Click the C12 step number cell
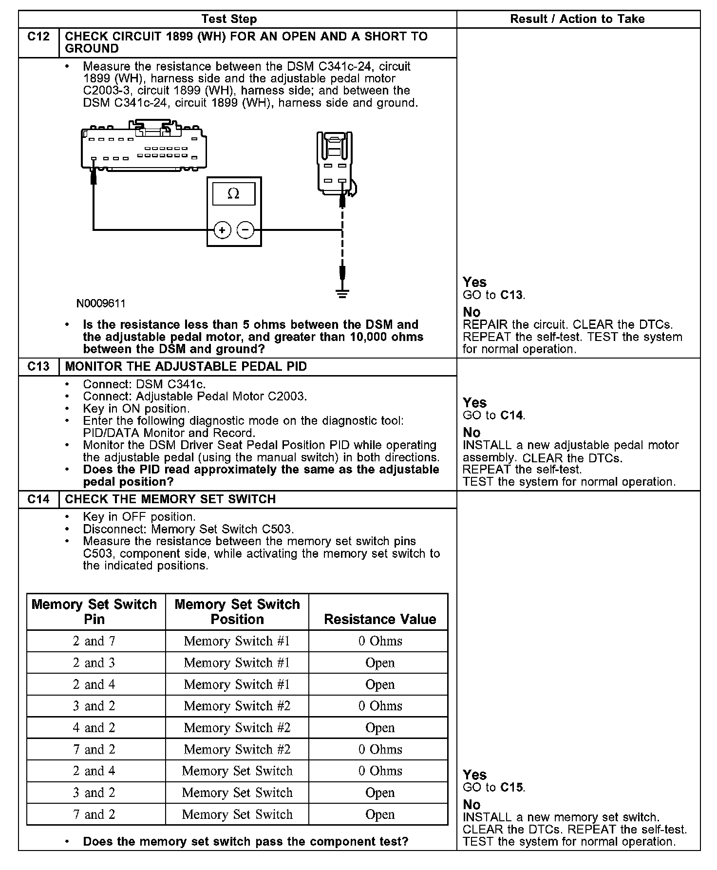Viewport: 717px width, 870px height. tap(38, 37)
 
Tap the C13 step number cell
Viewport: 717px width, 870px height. tap(38, 366)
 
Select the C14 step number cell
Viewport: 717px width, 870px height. tap(38, 499)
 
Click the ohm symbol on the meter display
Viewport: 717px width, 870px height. tap(233, 194)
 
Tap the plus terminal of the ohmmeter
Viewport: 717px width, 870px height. tap(222, 230)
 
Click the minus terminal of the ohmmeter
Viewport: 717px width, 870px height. tap(245, 230)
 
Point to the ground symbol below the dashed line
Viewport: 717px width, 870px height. tap(342, 293)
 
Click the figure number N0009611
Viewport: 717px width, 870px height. tap(101, 304)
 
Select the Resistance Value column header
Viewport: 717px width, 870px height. tap(380, 619)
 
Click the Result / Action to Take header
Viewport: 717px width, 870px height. tap(577, 19)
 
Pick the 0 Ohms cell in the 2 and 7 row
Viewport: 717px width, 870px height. tap(380, 641)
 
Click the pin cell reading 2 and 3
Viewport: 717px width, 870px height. tap(94, 663)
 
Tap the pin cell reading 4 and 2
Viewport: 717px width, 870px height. tap(94, 728)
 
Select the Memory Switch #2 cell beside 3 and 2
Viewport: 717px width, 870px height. tap(237, 706)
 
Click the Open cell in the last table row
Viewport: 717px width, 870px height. tap(380, 814)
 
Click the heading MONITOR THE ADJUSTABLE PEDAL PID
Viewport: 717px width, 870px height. tap(186, 366)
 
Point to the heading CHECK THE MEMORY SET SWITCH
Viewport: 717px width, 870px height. tap(170, 499)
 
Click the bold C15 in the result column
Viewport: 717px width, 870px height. tap(512, 788)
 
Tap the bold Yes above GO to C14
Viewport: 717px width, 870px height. tap(474, 403)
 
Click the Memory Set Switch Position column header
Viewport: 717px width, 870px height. tap(237, 612)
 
